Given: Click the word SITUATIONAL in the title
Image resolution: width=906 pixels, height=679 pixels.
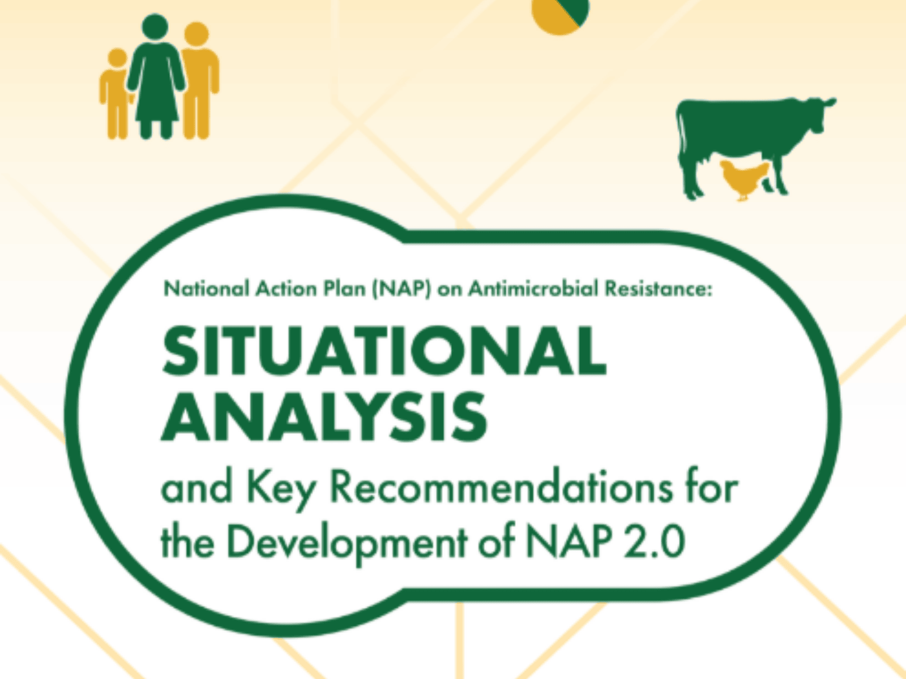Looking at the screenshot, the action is tap(384, 350).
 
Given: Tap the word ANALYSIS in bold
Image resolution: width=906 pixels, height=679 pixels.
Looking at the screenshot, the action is tap(324, 416).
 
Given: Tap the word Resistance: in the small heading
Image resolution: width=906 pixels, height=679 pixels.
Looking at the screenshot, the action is tap(659, 289).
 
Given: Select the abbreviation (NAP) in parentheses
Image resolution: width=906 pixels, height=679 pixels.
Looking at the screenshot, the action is tap(401, 289).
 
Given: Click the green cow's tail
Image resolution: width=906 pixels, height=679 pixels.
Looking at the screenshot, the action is tap(679, 132).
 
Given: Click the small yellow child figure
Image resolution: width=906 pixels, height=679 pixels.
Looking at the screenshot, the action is tap(117, 93).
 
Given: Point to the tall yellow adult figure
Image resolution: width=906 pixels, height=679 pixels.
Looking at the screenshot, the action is tap(199, 80).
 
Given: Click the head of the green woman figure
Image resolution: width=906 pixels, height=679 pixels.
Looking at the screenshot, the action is tap(155, 27).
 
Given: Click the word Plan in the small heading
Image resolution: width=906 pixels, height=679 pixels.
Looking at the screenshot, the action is tap(344, 289).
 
